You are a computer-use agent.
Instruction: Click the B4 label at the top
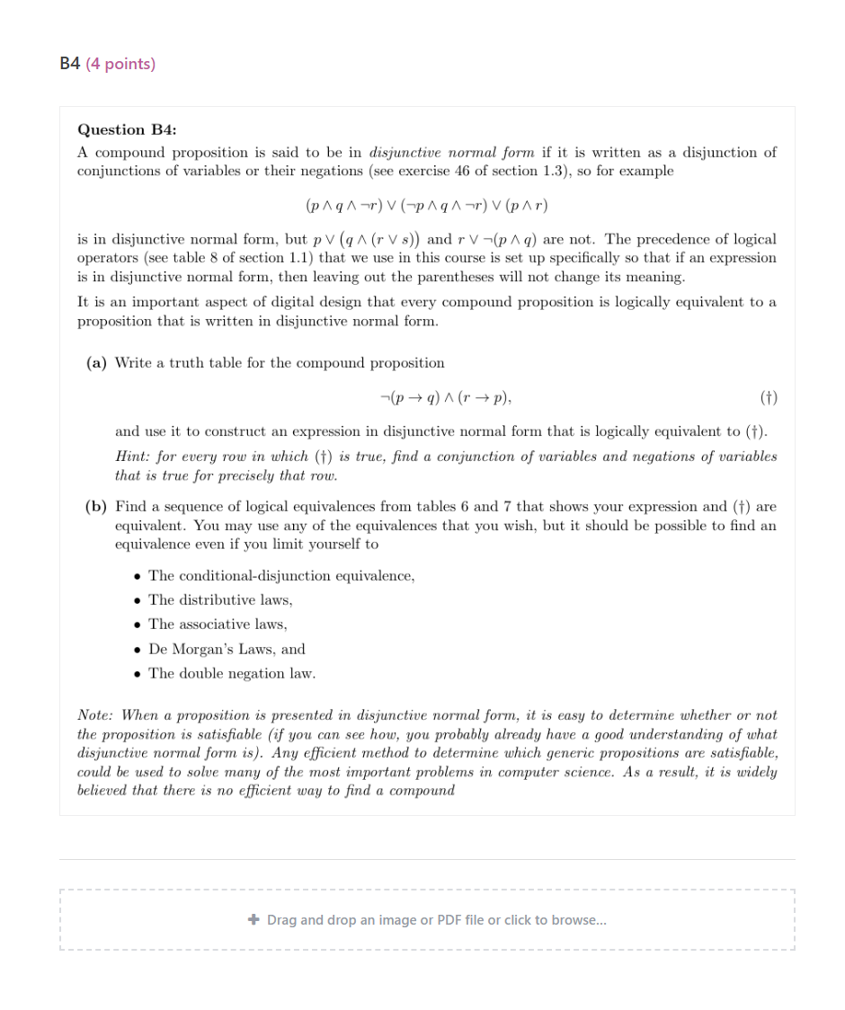click(69, 64)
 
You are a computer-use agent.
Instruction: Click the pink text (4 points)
click(120, 64)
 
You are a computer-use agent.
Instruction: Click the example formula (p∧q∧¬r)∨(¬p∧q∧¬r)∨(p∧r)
click(427, 205)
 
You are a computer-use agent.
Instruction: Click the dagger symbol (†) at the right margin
click(768, 396)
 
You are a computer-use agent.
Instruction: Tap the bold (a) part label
click(96, 363)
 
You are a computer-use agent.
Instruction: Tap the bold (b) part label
click(96, 507)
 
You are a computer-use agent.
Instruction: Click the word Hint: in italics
click(134, 456)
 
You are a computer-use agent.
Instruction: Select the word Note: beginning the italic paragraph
click(97, 715)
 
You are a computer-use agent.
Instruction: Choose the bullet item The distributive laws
click(220, 599)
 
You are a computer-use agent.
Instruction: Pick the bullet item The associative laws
click(218, 624)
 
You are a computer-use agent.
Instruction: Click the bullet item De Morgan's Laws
click(227, 649)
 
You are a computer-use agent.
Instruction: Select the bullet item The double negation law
click(232, 673)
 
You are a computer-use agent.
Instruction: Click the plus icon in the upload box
click(253, 919)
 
